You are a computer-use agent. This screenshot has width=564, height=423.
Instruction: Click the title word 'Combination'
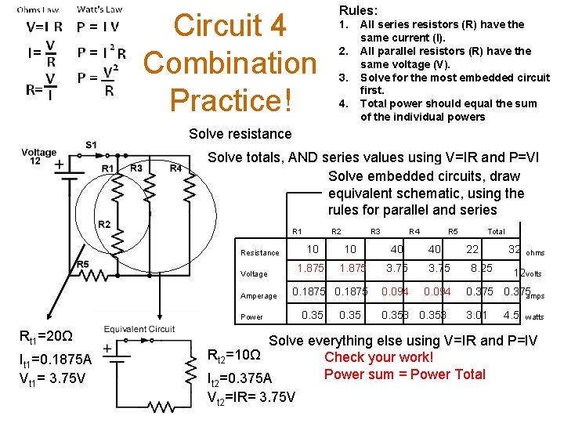[x=230, y=63]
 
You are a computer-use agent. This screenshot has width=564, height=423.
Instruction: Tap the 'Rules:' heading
[x=358, y=10]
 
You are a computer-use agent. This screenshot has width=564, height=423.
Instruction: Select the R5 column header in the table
[x=452, y=231]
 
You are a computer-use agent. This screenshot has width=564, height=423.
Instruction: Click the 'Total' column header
[x=496, y=231]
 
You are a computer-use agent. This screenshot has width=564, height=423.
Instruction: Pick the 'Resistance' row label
[x=260, y=252]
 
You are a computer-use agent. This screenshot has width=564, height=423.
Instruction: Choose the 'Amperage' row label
[x=259, y=295]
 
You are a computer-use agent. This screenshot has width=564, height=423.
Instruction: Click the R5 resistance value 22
[x=472, y=249]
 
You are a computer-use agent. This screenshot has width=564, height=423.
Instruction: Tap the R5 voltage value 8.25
[x=481, y=268]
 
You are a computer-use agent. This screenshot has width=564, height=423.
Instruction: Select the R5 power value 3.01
[x=477, y=315]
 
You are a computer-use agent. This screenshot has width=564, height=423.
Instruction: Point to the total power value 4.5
[x=512, y=315]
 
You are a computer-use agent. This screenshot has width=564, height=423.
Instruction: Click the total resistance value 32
[x=514, y=249]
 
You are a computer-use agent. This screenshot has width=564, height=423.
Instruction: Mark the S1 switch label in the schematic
[x=92, y=144]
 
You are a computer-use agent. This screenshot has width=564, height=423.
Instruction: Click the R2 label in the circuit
[x=104, y=225]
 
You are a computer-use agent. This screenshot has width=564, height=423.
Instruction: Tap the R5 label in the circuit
[x=83, y=264]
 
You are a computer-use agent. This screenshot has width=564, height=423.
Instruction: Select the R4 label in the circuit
[x=175, y=168]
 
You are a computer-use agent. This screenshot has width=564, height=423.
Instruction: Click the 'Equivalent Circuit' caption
[x=139, y=329]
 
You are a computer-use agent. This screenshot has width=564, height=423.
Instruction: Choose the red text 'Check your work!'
[x=378, y=357]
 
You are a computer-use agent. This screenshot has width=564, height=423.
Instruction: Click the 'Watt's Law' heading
[x=99, y=10]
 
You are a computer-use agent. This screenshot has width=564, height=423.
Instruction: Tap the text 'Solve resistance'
[x=240, y=134]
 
